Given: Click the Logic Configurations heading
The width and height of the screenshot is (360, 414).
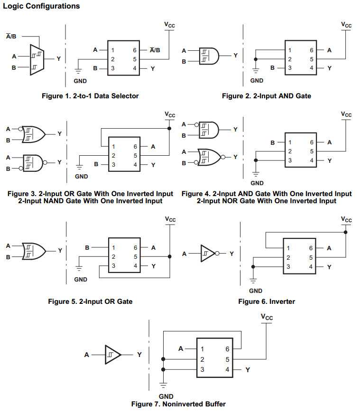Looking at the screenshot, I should pos(41,6).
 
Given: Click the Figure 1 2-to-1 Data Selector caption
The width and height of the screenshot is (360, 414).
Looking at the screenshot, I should pos(90,96).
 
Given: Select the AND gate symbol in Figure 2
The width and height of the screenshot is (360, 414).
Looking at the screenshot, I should pos(209,56).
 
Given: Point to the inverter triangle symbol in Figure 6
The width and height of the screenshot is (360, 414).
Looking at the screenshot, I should pos(207,254).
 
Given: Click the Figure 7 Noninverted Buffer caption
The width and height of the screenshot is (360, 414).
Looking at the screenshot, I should pos(178,404).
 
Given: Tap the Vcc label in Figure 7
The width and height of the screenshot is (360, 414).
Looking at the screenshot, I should pos(267,316).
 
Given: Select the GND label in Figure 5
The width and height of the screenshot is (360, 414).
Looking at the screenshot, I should pos(81,280).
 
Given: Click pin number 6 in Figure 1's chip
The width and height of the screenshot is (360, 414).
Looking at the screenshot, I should pos(135,50).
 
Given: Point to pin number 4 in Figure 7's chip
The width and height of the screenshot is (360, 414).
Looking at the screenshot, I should pos(227,369).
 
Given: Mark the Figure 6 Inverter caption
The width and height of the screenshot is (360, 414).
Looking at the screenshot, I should pos(267,301).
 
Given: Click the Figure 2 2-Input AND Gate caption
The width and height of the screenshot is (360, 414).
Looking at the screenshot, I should pos(267,96).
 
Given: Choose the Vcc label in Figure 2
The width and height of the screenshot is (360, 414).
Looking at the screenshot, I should pos(347,25).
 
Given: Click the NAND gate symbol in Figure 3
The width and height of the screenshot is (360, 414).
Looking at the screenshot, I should pos(34,162).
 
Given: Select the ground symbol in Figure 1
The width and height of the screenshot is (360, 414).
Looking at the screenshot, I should pos(77,71).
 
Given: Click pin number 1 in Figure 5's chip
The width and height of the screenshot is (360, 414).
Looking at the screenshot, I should pos(113,247).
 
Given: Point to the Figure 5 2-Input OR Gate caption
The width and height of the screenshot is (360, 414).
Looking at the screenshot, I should pos(90,301).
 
